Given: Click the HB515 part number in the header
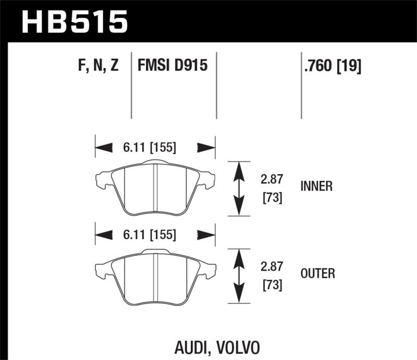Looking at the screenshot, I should tap(74, 22).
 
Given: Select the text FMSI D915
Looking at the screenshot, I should tap(173, 66).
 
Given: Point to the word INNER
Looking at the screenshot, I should tap(316, 186).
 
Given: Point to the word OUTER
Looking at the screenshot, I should tap(317, 273).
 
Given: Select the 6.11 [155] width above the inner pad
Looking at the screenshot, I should tap(150, 148).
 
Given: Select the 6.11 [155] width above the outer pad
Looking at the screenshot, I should tap(150, 234).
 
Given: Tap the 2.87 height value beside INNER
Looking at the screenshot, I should tap(271, 179).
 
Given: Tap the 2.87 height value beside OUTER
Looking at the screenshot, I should tap(271, 266).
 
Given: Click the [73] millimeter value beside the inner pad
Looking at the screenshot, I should tap(271, 198).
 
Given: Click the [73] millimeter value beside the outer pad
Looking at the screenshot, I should tap(271, 285).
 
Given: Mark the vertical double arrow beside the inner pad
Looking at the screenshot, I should tap(238, 188).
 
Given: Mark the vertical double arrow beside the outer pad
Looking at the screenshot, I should tap(238, 275).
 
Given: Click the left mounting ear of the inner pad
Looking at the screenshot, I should tap(102, 180).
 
